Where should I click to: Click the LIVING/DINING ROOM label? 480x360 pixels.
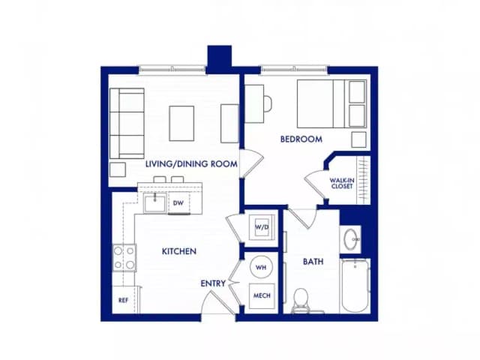coord(191,163)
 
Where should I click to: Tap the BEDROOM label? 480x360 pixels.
coord(301,139)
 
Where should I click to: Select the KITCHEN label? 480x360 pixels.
coord(179,251)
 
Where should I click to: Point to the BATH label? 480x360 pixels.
coord(313,262)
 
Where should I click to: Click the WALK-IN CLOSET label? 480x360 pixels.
coord(341,183)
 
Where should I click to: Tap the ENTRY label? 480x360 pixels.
coord(212,283)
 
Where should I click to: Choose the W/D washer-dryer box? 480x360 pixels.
coord(262,226)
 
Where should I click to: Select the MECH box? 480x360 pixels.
coord(262,296)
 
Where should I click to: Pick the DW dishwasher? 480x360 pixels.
coord(178,203)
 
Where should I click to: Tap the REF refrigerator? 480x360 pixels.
coord(123,299)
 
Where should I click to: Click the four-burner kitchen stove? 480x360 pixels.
coord(124,257)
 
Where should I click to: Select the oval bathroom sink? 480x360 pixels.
coord(352,240)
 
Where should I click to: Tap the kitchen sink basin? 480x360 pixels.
coord(155,202)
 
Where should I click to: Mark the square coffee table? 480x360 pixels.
coord(181,123)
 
